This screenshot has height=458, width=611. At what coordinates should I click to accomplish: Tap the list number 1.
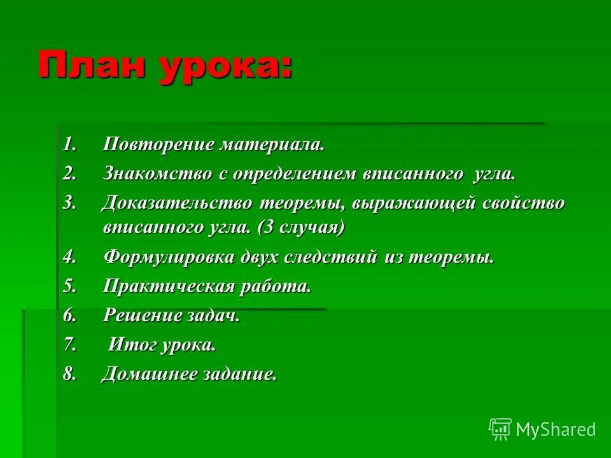point(69,144)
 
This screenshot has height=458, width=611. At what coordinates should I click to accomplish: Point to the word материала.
point(272,144)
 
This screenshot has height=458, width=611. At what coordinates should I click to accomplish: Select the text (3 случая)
point(302,227)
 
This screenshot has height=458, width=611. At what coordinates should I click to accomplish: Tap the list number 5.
point(69,286)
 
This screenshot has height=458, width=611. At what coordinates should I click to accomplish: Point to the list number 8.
point(69,374)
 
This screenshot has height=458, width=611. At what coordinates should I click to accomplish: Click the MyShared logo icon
point(500,429)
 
